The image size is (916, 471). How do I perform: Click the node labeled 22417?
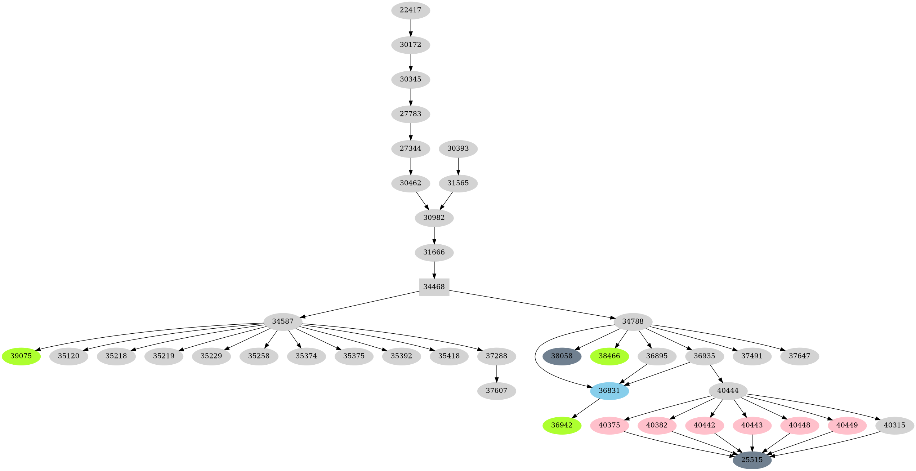pyautogui.click(x=410, y=10)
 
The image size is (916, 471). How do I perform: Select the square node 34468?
pyautogui.click(x=434, y=287)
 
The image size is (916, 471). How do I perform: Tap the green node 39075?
pyautogui.click(x=21, y=356)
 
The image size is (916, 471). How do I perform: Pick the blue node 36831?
pyautogui.click(x=609, y=391)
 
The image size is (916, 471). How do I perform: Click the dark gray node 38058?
pyautogui.click(x=562, y=356)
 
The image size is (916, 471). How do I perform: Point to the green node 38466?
pyautogui.click(x=609, y=356)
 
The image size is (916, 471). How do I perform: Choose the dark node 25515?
pyautogui.click(x=752, y=460)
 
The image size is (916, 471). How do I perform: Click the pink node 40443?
pyautogui.click(x=752, y=425)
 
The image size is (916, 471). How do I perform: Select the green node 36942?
pyautogui.click(x=562, y=425)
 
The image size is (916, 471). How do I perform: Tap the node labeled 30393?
pyautogui.click(x=458, y=148)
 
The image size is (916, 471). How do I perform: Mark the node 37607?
pyautogui.click(x=496, y=391)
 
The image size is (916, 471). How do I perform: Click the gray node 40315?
pyautogui.click(x=894, y=425)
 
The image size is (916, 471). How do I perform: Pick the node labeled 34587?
pyautogui.click(x=282, y=321)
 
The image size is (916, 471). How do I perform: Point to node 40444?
pyautogui.click(x=728, y=391)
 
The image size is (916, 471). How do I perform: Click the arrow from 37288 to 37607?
pyautogui.click(x=496, y=374)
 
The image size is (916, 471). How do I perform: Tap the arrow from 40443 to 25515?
pyautogui.click(x=752, y=443)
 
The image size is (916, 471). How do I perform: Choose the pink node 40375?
pyautogui.click(x=609, y=425)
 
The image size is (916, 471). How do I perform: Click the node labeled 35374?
pyautogui.click(x=306, y=356)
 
